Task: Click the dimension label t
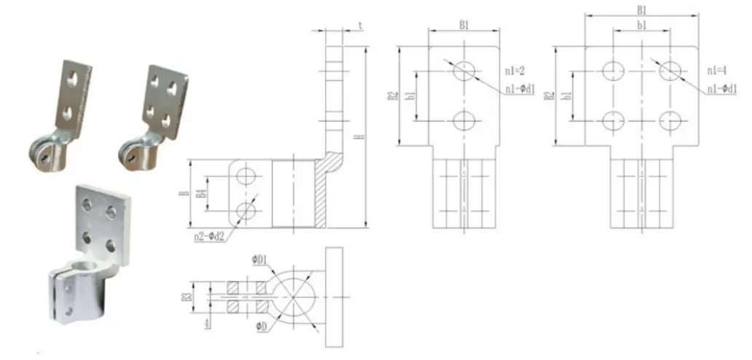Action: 361,25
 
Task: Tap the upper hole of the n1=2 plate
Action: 464,71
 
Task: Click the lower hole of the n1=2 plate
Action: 464,119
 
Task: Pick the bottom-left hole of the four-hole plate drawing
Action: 613,119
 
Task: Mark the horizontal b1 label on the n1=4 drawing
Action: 641,26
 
